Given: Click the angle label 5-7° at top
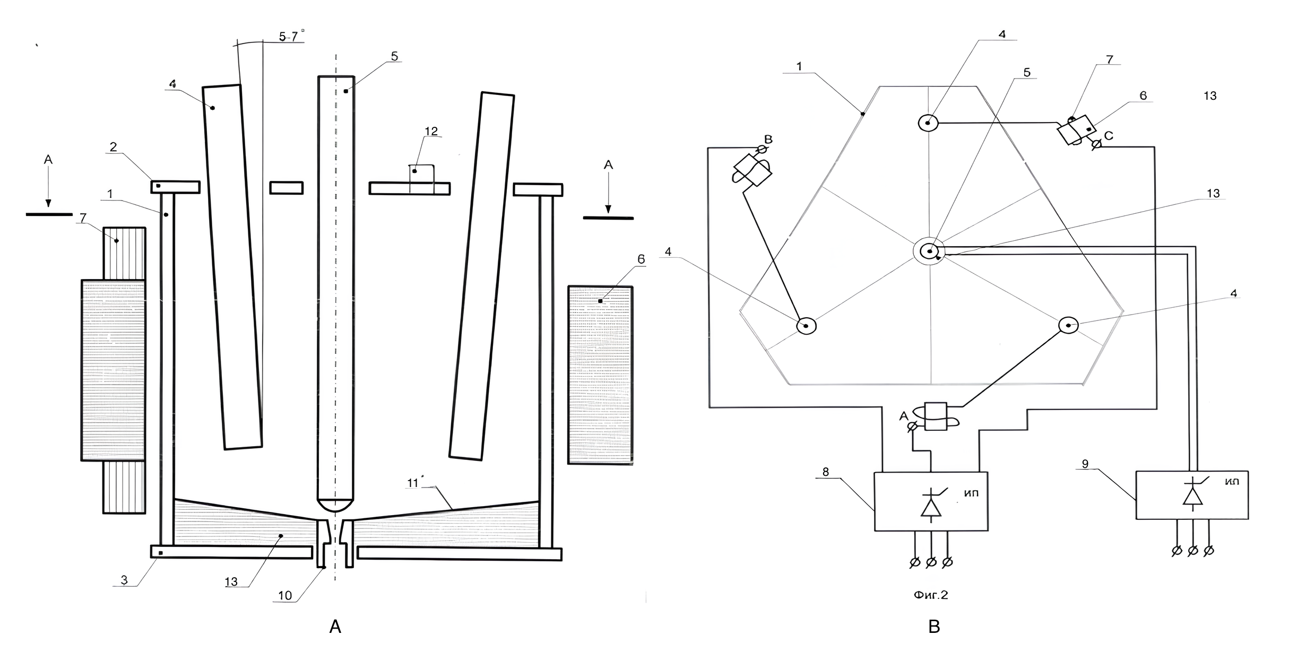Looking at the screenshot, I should coord(291,37).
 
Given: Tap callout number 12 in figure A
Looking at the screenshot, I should coord(431,131).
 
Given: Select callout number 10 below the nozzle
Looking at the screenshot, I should coord(285,596).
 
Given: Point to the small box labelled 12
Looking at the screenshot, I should coord(421,173).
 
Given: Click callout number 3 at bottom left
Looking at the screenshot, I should coord(124,580).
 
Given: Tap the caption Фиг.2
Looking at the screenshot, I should coord(930,595).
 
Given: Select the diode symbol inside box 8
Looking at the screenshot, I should coord(931,506).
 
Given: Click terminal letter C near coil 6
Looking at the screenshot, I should coord(1109,136).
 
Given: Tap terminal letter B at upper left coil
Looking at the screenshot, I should coord(768,140).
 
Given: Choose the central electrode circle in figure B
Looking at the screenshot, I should coord(929,251).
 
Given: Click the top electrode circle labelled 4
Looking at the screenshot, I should coord(928,123).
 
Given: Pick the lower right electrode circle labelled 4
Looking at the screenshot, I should coord(1068,325).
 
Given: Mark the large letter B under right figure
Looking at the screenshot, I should coord(934,627).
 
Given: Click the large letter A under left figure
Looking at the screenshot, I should coord(335,627).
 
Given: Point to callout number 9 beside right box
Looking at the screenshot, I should coord(1085,464).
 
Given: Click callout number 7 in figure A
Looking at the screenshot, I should coord(83,218).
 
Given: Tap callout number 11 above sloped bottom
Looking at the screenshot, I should coord(413,483).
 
